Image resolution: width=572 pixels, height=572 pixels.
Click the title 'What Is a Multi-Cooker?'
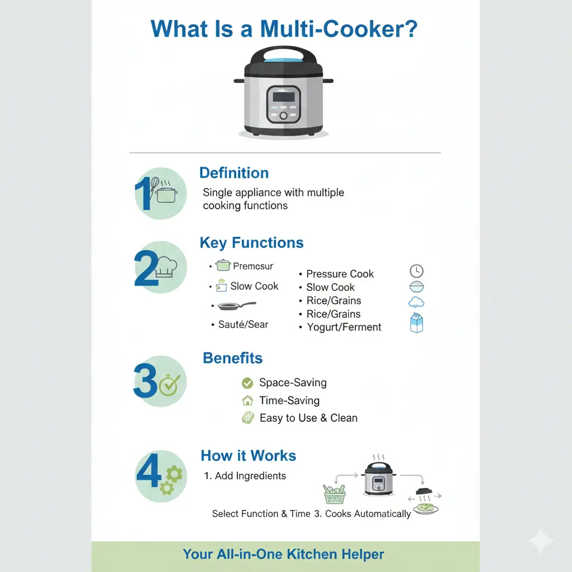pos(284,29)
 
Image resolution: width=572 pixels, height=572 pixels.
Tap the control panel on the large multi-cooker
pos(283,104)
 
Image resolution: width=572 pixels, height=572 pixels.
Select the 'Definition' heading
pos(234,173)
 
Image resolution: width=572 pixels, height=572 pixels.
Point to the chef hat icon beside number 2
pos(166,267)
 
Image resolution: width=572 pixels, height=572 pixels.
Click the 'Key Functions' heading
pos(251,243)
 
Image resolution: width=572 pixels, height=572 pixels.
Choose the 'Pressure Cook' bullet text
pos(340,274)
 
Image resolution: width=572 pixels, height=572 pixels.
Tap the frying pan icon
pos(236,306)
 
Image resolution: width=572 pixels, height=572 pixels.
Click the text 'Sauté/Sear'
pos(243,325)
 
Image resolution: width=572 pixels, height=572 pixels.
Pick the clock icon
pos(416,271)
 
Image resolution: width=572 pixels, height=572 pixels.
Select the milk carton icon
pos(417,323)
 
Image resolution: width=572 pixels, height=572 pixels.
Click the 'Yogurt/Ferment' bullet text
pos(344,327)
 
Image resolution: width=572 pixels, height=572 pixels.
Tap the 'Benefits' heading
pos(232,358)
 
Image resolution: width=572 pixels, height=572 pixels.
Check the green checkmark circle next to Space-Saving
pos(247,383)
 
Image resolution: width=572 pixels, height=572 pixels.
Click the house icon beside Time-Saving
pos(247,401)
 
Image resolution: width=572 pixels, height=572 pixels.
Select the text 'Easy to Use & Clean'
pos(308,418)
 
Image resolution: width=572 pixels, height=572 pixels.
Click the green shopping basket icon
pos(334,494)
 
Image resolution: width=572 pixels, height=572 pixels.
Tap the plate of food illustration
pos(425,508)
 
